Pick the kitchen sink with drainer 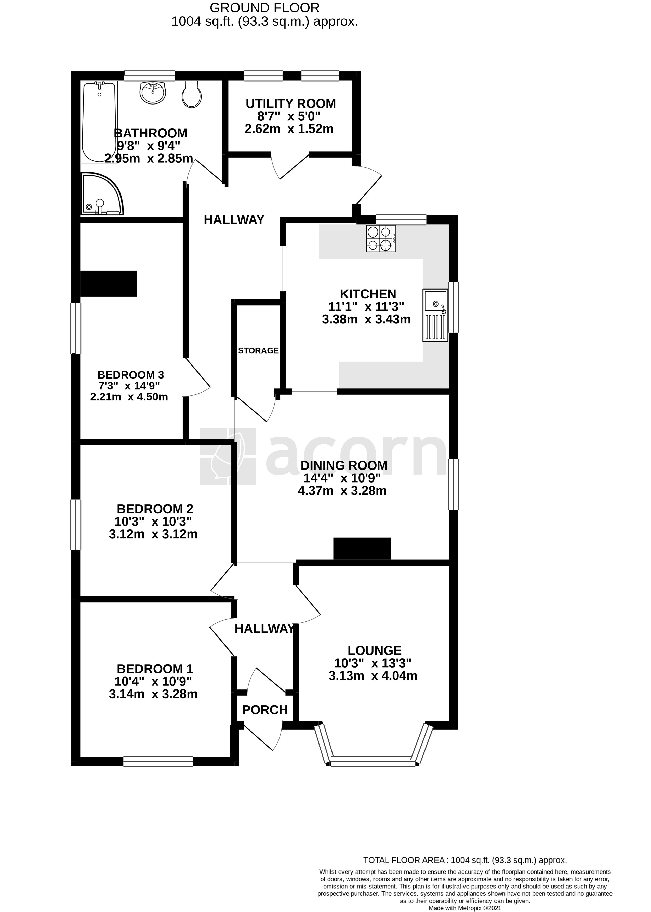435,315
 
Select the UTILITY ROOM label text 291,103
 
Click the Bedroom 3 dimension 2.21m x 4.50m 129,397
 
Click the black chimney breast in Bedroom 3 109,283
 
